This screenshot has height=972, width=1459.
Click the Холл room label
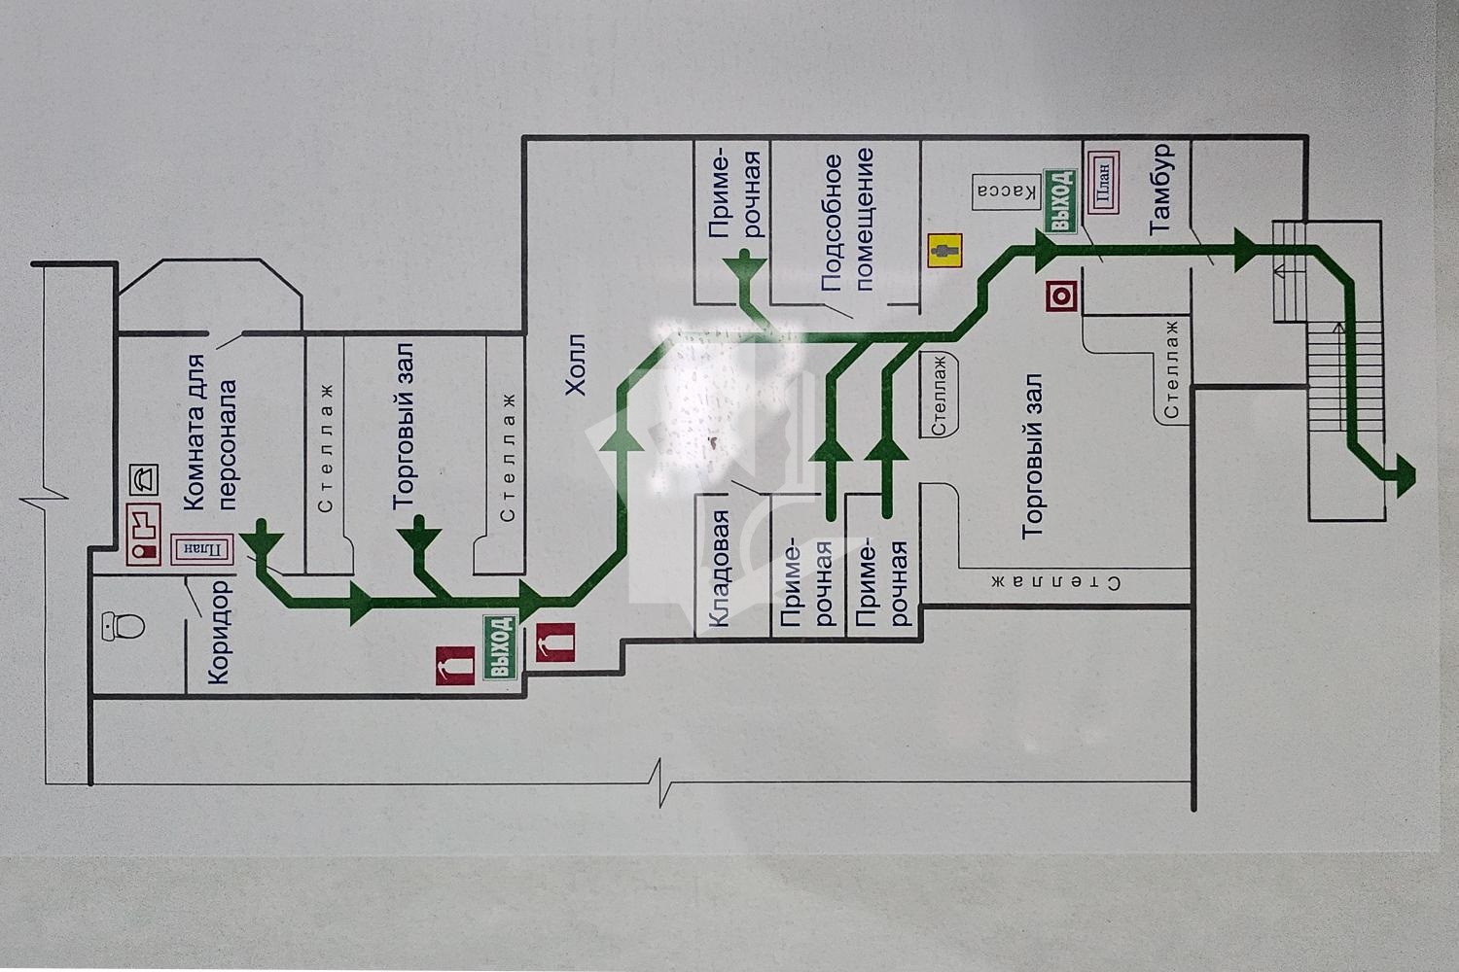[x=577, y=364]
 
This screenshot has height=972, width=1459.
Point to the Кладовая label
[x=718, y=569]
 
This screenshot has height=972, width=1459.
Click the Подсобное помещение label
[x=847, y=220]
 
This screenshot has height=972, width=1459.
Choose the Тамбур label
[x=1162, y=189]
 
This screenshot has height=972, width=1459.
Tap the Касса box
[x=1006, y=192]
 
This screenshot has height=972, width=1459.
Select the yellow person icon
[x=945, y=251]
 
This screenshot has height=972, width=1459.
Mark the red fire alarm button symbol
[x=1062, y=296]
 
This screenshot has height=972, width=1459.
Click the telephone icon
[x=144, y=480]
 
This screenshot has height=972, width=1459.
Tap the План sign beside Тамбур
[x=1102, y=183]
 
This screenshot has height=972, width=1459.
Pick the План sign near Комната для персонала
[x=201, y=549]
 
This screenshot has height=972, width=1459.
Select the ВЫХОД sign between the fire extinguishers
[x=500, y=647]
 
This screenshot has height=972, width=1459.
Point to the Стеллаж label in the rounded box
[x=939, y=395]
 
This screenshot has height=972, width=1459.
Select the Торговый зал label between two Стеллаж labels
[x=406, y=426]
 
